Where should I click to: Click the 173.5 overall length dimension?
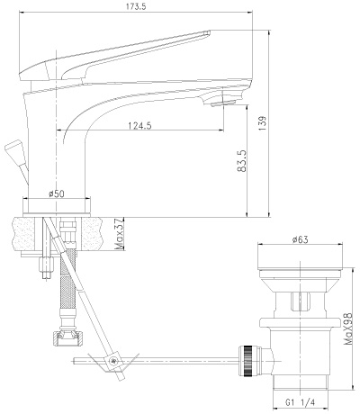(136, 6)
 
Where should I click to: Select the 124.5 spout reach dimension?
(139, 125)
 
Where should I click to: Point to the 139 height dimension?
(262, 123)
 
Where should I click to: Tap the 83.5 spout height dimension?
(242, 161)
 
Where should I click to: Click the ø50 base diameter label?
(57, 193)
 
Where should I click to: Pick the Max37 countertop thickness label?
(120, 235)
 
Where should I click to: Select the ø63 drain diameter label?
(301, 239)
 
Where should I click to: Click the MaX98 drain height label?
(347, 328)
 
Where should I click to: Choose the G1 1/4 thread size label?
(300, 402)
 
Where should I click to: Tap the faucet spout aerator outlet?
(222, 103)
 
